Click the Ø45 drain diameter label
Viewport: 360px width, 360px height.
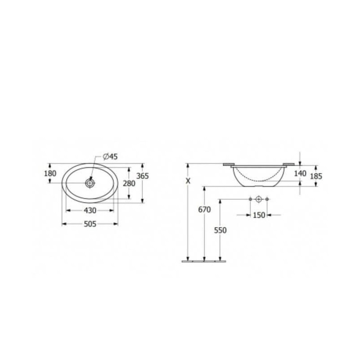point(110,157)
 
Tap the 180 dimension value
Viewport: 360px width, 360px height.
point(50,173)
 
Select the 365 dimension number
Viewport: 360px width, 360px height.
point(143,176)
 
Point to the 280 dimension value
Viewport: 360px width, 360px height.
point(129,184)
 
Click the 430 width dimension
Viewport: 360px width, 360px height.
point(90,210)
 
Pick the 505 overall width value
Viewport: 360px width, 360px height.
point(90,224)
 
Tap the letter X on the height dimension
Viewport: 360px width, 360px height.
point(188,181)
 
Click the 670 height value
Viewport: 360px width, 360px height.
point(204,210)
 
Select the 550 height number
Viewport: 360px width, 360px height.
point(220,230)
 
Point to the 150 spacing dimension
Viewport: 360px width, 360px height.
point(259,215)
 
